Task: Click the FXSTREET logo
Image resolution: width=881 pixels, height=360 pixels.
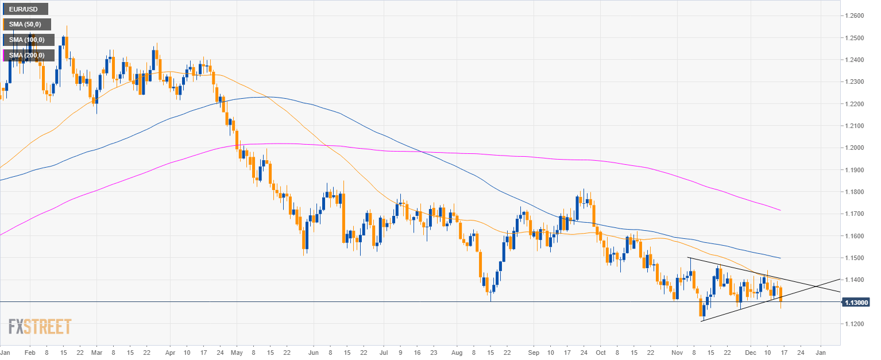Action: [x=40, y=327]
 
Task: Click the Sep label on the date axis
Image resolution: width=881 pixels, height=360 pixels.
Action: [x=534, y=351]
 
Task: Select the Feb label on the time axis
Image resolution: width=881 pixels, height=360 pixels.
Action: [x=30, y=351]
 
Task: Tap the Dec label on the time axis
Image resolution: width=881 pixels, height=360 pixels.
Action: [x=751, y=351]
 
